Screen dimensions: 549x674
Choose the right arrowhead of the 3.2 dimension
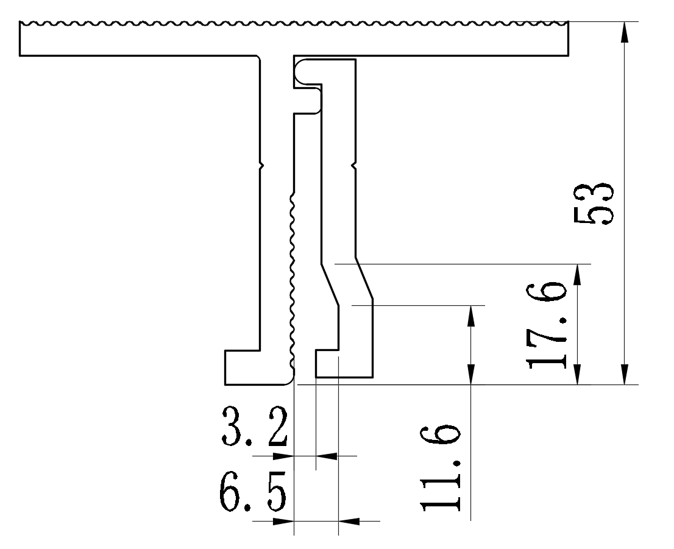(x=327, y=455)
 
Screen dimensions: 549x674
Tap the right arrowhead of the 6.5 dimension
(x=349, y=521)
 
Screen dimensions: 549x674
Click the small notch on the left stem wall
(x=261, y=165)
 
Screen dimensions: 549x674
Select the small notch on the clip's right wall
(x=354, y=165)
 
